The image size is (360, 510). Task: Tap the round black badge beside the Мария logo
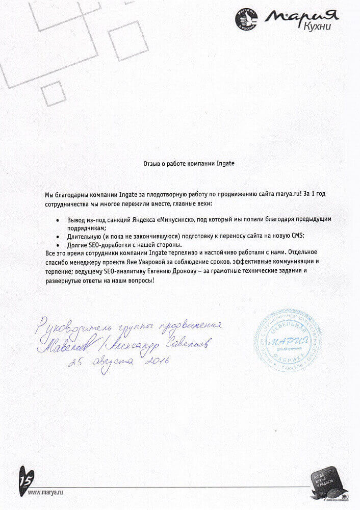pyautogui.click(x=246, y=19)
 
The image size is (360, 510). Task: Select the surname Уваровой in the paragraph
pyautogui.click(x=151, y=262)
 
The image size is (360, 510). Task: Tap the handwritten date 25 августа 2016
pyautogui.click(x=118, y=363)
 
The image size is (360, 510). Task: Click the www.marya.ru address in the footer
pyautogui.click(x=45, y=493)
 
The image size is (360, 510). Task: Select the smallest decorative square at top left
pyautogui.click(x=53, y=93)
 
